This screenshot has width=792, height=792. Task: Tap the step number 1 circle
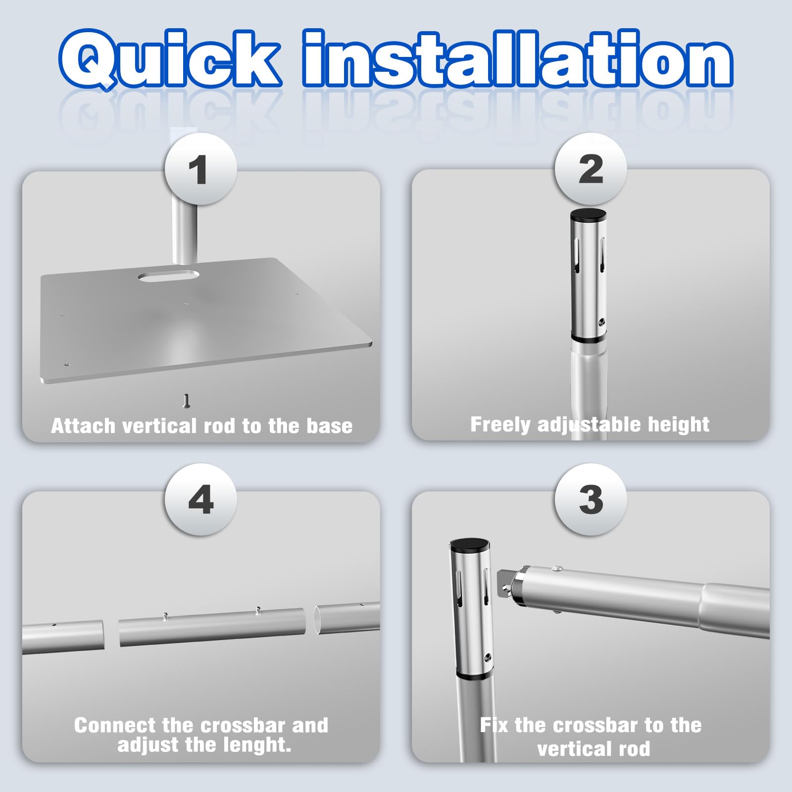pos(200,169)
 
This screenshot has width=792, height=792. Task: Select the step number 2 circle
pos(591,169)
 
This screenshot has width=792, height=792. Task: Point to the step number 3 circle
pos(591,499)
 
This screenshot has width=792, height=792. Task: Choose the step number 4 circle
pos(200,499)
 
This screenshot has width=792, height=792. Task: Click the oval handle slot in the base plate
pos(168,276)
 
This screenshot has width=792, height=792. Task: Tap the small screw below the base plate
pos(187,400)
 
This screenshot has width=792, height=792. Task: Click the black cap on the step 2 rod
pos(589,215)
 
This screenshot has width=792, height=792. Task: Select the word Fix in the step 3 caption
pos(494,725)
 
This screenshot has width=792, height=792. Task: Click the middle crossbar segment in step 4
pos(212,627)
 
